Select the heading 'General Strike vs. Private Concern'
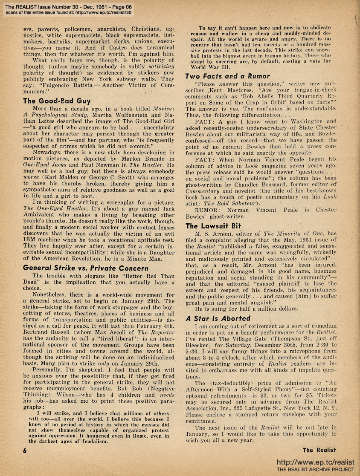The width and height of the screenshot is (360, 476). (86, 268)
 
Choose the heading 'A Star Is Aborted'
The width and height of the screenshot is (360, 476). (218, 318)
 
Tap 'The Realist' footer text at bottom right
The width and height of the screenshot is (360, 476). (319, 450)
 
